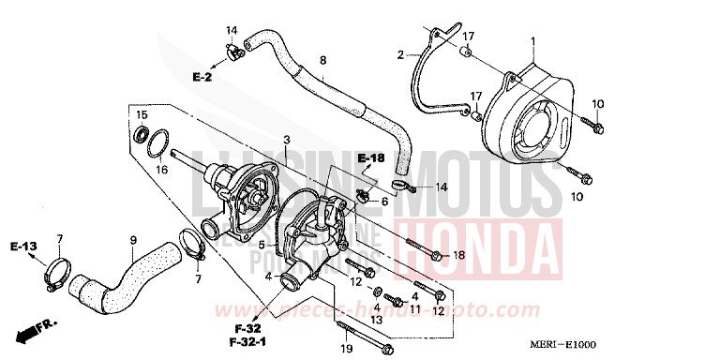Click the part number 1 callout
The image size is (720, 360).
coord(532,41)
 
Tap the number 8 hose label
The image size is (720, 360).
coord(322,61)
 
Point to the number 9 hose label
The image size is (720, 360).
coord(133,240)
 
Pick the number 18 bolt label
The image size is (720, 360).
coord(458,255)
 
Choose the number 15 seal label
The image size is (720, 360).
coord(142,115)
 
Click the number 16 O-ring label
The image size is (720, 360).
coord(161,170)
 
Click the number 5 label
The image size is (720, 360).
coord(263,246)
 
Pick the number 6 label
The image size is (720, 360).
coord(383,201)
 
